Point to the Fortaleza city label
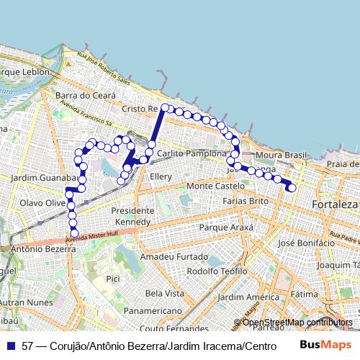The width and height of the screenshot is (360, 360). [335, 204]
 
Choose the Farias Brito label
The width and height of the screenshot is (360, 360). [248, 201]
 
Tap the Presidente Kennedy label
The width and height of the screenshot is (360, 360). [134, 216]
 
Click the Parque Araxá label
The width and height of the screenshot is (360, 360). [226, 228]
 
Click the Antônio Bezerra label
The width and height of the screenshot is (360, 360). [44, 249]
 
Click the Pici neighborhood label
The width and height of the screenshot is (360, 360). [112, 278]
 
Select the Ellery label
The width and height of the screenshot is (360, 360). [160, 176]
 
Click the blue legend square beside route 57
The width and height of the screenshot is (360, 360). [10, 346]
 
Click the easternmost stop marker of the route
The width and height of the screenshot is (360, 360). [292, 188]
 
